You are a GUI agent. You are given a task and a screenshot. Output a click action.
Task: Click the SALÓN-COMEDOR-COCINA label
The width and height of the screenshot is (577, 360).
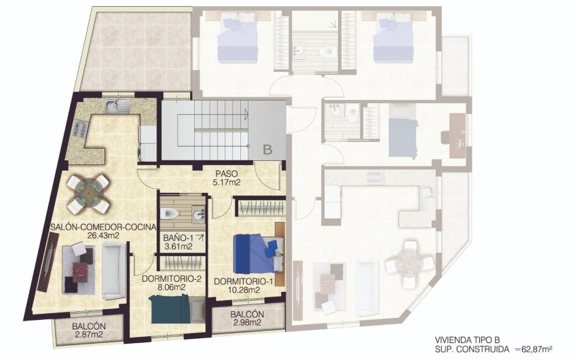click(x=103, y=227)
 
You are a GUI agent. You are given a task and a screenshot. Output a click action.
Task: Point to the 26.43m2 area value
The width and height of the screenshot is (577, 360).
click(x=103, y=236)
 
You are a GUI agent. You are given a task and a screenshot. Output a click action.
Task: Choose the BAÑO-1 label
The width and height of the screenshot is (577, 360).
click(x=178, y=238)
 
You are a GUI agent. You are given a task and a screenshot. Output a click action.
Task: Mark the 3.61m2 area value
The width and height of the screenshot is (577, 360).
click(x=178, y=247)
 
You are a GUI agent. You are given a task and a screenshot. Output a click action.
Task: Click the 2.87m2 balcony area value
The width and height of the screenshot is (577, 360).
click(x=89, y=335)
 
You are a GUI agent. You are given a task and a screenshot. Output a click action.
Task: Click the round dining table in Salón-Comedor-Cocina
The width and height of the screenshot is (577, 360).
click(x=89, y=192)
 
